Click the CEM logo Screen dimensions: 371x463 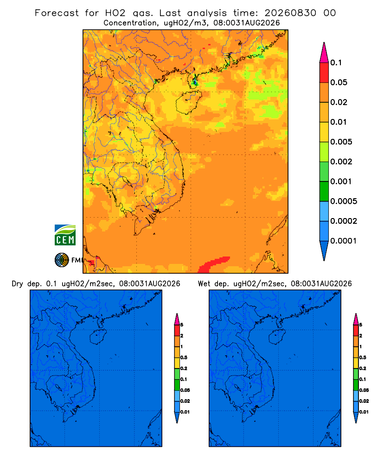tap(65, 235)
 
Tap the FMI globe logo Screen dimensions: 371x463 tap(62, 260)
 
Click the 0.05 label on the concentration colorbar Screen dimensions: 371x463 tap(339, 82)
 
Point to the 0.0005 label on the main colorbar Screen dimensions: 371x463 tap(344, 201)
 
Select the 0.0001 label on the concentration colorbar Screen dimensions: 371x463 tap(344, 241)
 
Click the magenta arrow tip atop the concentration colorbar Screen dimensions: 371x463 tap(324, 53)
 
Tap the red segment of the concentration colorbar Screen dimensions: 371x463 tap(324, 73)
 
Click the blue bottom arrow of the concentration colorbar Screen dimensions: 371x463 tap(324, 250)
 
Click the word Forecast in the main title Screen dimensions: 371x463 tap(57, 13)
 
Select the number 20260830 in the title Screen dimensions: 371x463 tap(290, 13)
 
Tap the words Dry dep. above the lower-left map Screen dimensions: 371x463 tap(26, 284)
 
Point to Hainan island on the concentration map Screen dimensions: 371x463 tap(188, 102)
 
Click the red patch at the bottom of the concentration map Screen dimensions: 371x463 tap(214, 264)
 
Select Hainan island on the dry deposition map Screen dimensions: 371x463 tap(98, 337)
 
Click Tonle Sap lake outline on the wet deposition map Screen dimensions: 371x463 tap(237, 387)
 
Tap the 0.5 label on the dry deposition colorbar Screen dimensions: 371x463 tap(184, 357)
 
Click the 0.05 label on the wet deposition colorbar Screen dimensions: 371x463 tap(364, 390)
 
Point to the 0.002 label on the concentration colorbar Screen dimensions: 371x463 tap(341, 162)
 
